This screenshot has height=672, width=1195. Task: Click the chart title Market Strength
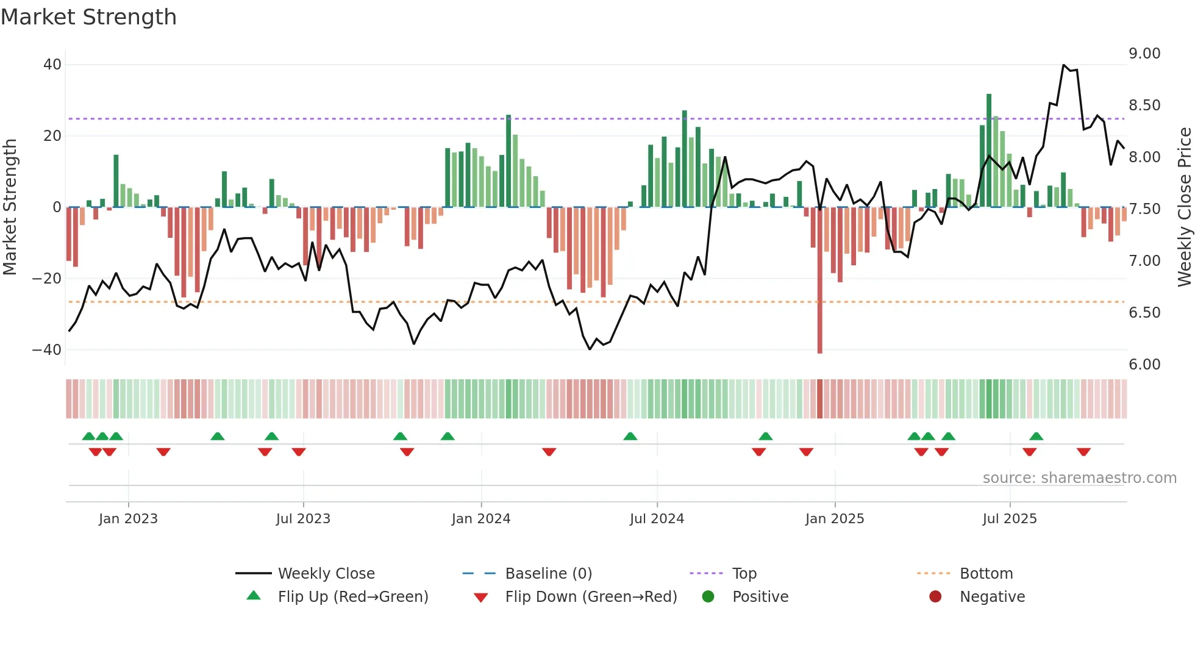tap(88, 17)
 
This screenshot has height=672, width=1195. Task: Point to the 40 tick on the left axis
tap(52, 65)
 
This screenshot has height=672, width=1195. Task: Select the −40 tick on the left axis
tap(47, 350)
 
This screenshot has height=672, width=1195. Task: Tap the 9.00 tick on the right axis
tap(1144, 54)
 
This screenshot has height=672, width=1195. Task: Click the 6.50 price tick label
tap(1144, 313)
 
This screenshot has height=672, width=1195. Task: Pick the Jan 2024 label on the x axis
tap(481, 519)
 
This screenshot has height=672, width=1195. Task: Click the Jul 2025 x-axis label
tap(1010, 519)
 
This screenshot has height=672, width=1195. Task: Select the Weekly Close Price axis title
tap(1184, 207)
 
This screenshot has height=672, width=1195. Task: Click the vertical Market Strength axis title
tap(10, 207)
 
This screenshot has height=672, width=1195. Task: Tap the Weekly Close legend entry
tap(326, 574)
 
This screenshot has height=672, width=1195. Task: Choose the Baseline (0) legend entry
tap(548, 574)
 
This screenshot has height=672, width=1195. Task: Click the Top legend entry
tap(744, 574)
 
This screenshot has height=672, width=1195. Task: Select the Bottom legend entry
tap(986, 574)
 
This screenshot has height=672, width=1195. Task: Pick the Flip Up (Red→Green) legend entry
tap(352, 597)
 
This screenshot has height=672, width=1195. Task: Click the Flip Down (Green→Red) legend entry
tap(591, 597)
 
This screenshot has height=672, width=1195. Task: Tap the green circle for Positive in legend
tap(708, 597)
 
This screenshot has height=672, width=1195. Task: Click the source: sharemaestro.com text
tap(1079, 478)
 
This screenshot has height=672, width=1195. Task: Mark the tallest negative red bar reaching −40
tap(820, 281)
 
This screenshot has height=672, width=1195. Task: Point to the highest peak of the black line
tap(1063, 65)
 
